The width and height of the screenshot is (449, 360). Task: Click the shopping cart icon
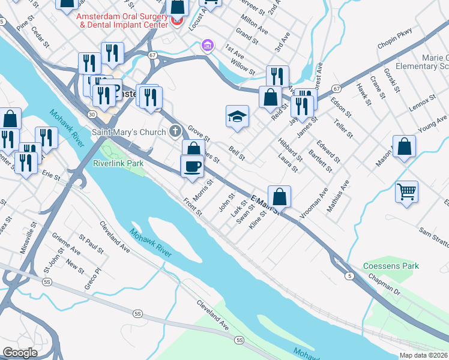pos(407,192)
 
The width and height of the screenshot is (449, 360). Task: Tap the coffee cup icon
pos(192,166)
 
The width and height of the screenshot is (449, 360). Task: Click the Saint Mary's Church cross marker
pos(175,130)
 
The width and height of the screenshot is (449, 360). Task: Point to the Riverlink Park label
pos(118,163)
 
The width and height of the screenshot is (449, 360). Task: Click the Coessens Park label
pos(391,266)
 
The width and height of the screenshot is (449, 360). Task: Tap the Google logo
pos(20,353)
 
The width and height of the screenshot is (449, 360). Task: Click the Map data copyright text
pos(424,355)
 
